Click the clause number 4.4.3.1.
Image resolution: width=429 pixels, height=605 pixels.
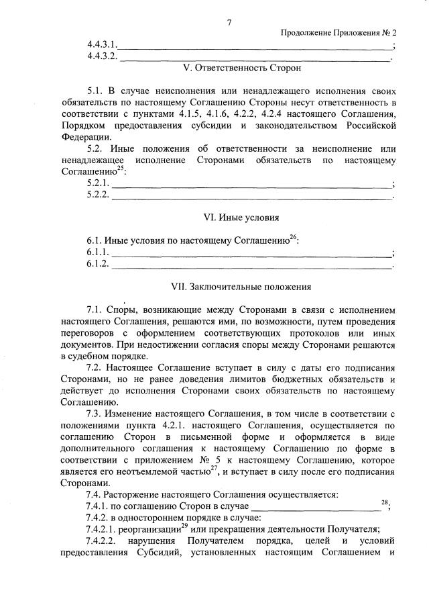pos(102,45)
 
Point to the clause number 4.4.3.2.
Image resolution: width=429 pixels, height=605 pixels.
pos(102,56)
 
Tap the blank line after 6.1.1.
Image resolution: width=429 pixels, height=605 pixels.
pos(251,253)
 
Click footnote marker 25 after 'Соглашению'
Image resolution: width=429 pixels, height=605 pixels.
pos(121,168)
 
